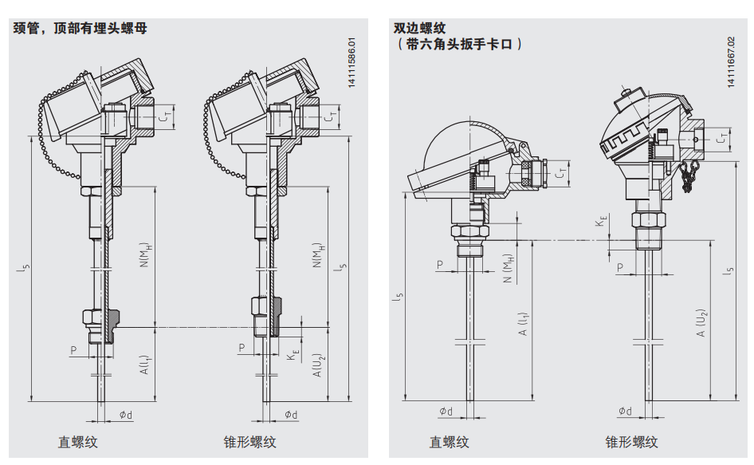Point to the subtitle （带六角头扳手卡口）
[x=458, y=45]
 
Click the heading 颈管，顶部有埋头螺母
[x=80, y=28]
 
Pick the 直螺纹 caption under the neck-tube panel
[x=77, y=442]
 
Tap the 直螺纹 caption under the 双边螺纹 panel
[x=450, y=442]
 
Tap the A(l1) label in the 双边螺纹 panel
[x=524, y=322]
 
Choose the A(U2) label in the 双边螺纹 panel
[x=701, y=322]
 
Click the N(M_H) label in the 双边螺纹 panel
[x=508, y=268]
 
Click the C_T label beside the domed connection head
[x=563, y=171]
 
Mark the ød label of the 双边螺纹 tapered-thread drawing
[x=625, y=412]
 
